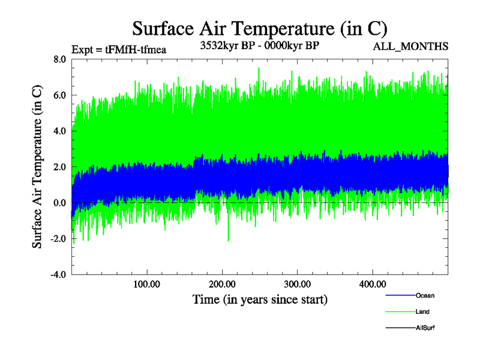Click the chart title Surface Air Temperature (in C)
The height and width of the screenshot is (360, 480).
(259, 28)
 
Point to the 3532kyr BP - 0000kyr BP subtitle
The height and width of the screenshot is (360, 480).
(259, 46)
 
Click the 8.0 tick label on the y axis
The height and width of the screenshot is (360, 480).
(59, 59)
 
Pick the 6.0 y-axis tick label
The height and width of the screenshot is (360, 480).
(59, 95)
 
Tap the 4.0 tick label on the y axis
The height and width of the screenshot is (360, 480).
(59, 131)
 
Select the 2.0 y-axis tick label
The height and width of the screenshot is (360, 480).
(59, 167)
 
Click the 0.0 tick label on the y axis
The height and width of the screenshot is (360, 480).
(59, 203)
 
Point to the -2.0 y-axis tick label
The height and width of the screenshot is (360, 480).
(58, 239)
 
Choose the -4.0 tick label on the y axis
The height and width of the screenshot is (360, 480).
(58, 275)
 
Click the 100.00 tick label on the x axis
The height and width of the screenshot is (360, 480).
(146, 283)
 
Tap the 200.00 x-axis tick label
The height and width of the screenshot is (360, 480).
(221, 283)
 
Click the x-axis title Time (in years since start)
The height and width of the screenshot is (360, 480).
(259, 299)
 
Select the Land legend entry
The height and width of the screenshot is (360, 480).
(422, 312)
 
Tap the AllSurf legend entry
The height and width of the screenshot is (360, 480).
(425, 328)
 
